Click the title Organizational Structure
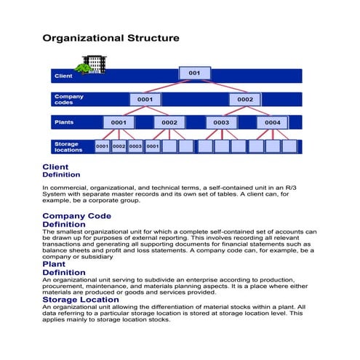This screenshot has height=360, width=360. click(110, 37)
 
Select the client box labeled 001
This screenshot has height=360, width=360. click(194, 73)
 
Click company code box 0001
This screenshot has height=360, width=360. click(145, 99)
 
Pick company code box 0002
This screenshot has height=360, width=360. click(245, 99)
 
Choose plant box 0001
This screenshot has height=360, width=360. click(119, 123)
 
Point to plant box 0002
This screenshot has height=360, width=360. click(169, 123)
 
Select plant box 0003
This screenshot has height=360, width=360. click(221, 123)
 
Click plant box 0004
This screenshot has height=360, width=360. click(272, 123)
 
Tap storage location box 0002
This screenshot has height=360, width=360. click(119, 146)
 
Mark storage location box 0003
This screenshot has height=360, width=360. click(135, 146)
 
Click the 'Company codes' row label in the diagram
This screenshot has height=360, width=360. click(69, 99)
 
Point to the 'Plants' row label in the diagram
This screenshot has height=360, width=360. click(64, 122)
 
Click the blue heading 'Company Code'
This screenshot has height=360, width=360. click(76, 216)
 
